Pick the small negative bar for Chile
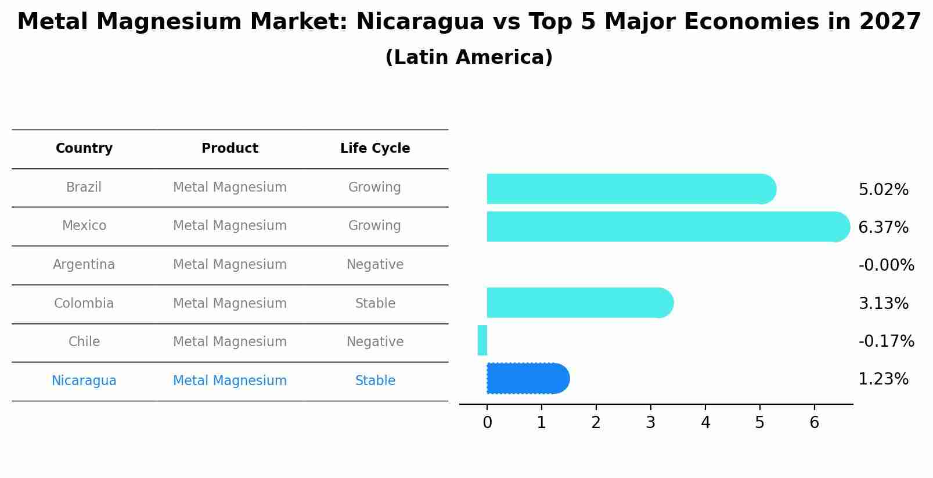coord(482,340)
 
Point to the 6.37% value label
coord(883,228)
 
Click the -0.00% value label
coord(886,265)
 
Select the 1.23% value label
coord(883,379)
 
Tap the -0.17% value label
coord(886,341)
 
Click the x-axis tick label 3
coord(650,423)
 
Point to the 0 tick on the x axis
coord(487,423)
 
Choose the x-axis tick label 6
coord(814,423)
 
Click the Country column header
coord(84,149)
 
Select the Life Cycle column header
coord(375,149)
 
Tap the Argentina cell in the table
coord(84,265)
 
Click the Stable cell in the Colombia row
coord(375,304)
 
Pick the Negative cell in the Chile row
coord(375,342)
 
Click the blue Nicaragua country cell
coord(84,381)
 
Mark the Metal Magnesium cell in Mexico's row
coord(230,226)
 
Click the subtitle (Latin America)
coord(469,57)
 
